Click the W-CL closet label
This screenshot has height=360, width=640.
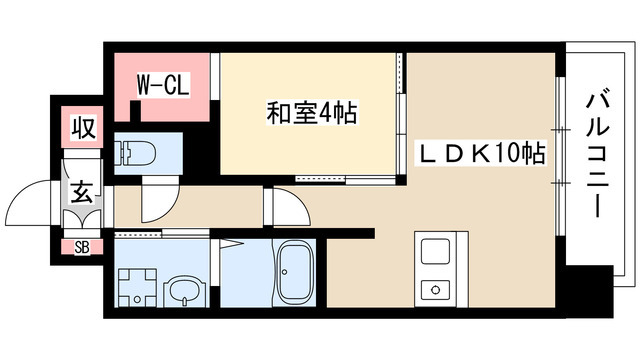coord(163,85)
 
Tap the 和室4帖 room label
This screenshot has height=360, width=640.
coord(311,112)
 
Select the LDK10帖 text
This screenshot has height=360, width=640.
coord(479,153)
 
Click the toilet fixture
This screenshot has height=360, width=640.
coord(134,153)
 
